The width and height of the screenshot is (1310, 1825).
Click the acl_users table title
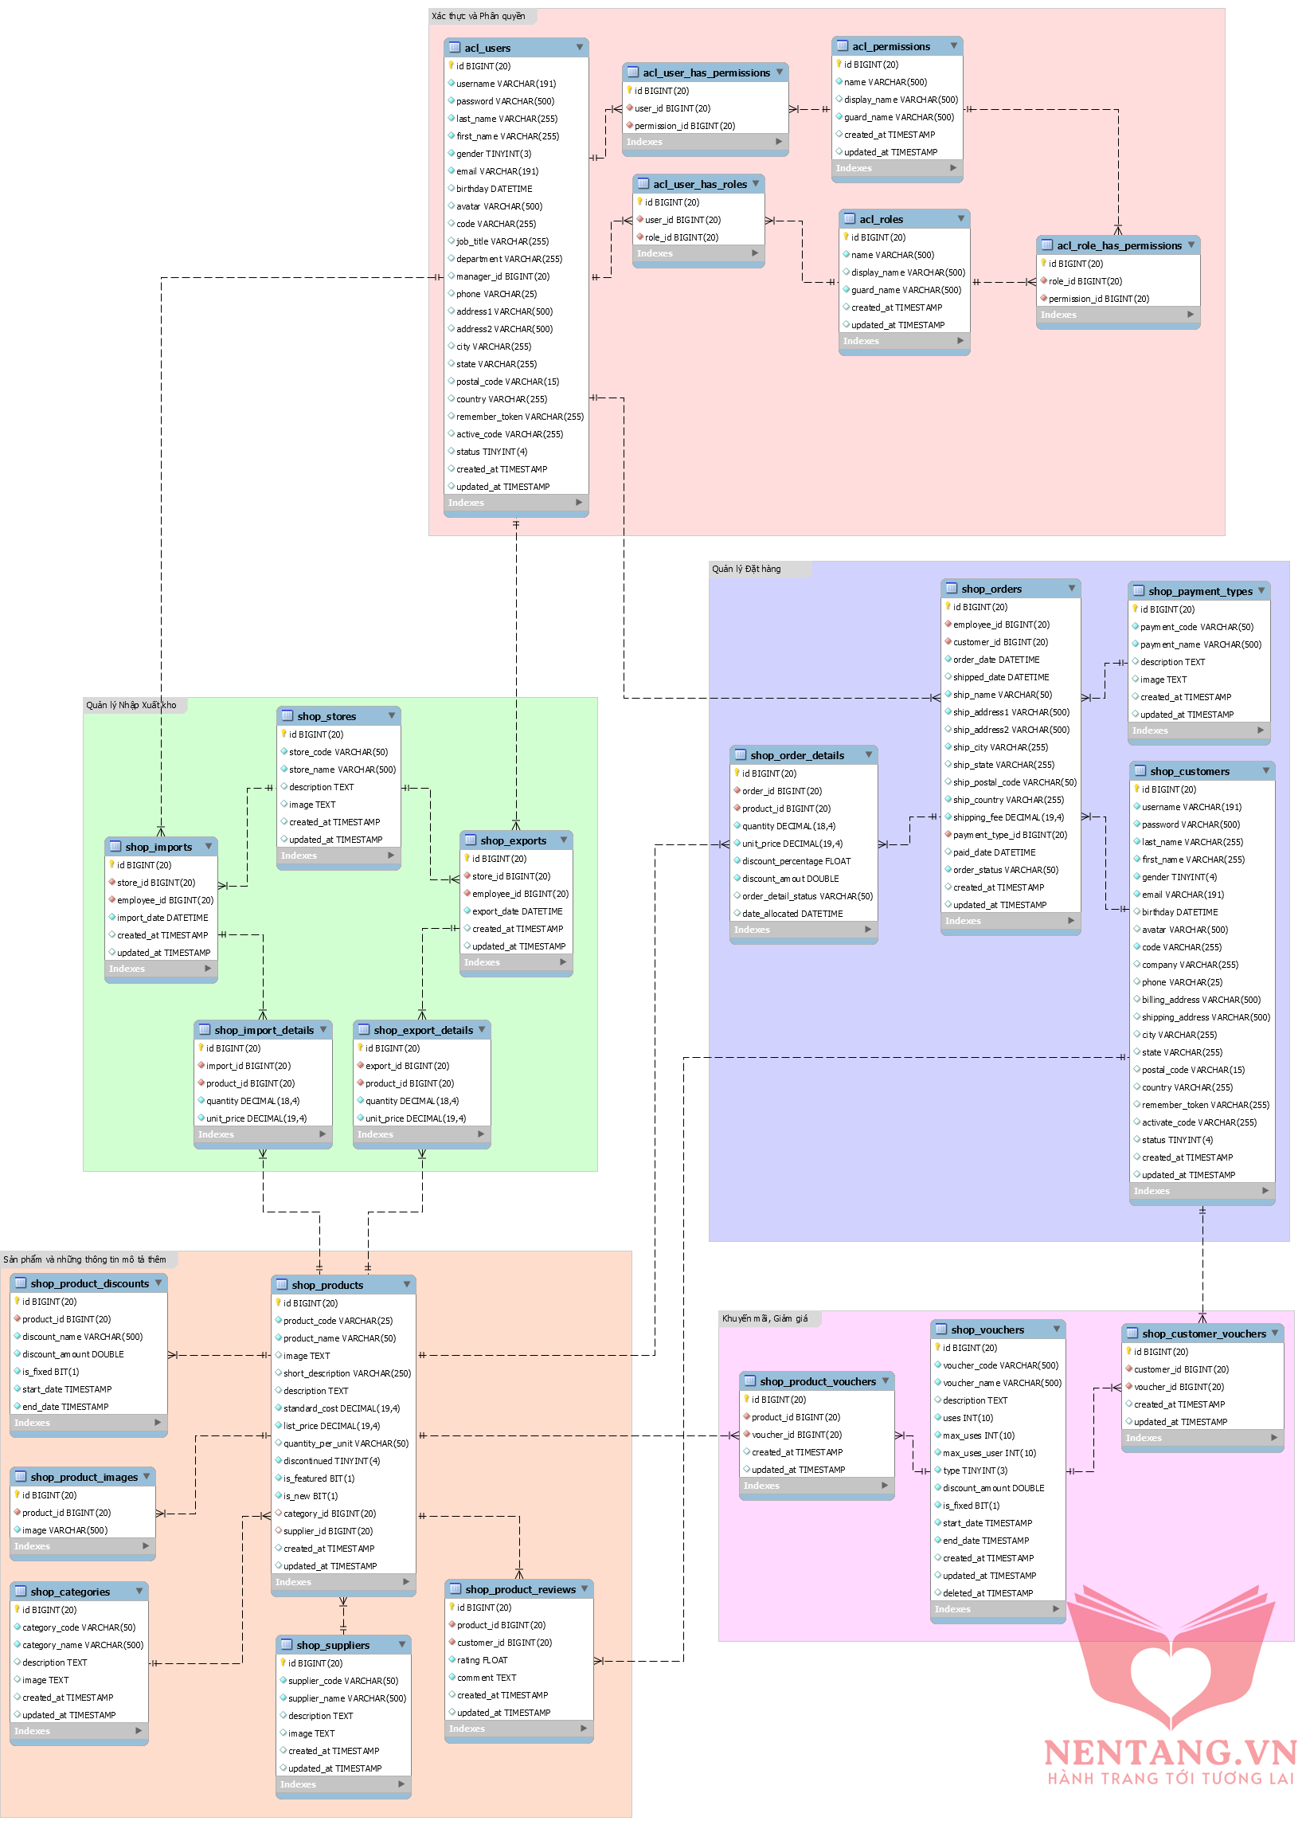pyautogui.click(x=487, y=49)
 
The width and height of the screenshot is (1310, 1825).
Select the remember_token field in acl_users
pyautogui.click(x=519, y=417)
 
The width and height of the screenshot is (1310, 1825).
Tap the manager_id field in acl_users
pyautogui.click(x=502, y=276)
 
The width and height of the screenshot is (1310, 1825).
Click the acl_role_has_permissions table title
pyautogui.click(x=1119, y=245)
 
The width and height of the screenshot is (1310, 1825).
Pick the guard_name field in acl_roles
pyautogui.click(x=905, y=291)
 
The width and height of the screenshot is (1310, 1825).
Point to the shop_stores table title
pyautogui.click(x=327, y=716)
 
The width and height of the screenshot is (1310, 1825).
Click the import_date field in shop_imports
pyautogui.click(x=162, y=918)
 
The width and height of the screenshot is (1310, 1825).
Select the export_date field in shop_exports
pyautogui.click(x=517, y=911)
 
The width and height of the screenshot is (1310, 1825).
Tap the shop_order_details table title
pyautogui.click(x=796, y=756)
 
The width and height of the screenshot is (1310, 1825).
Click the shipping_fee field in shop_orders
pyautogui.click(x=1007, y=817)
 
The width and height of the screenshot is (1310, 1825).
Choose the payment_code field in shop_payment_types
pyautogui.click(x=1196, y=628)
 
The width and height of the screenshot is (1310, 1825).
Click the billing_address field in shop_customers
pyautogui.click(x=1201, y=1001)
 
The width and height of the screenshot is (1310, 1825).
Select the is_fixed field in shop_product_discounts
pyautogui.click(x=51, y=1372)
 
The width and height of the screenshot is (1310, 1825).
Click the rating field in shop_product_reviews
pyautogui.click(x=482, y=1660)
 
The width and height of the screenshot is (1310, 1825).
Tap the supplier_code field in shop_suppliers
pyautogui.click(x=342, y=1681)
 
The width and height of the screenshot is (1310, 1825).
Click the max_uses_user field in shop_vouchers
pyautogui.click(x=989, y=1453)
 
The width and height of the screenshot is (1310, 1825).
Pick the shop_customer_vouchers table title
pyautogui.click(x=1204, y=1334)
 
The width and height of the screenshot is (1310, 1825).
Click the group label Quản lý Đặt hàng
pyautogui.click(x=746, y=570)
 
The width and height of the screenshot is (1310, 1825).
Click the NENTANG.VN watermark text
pyautogui.click(x=1170, y=1753)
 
